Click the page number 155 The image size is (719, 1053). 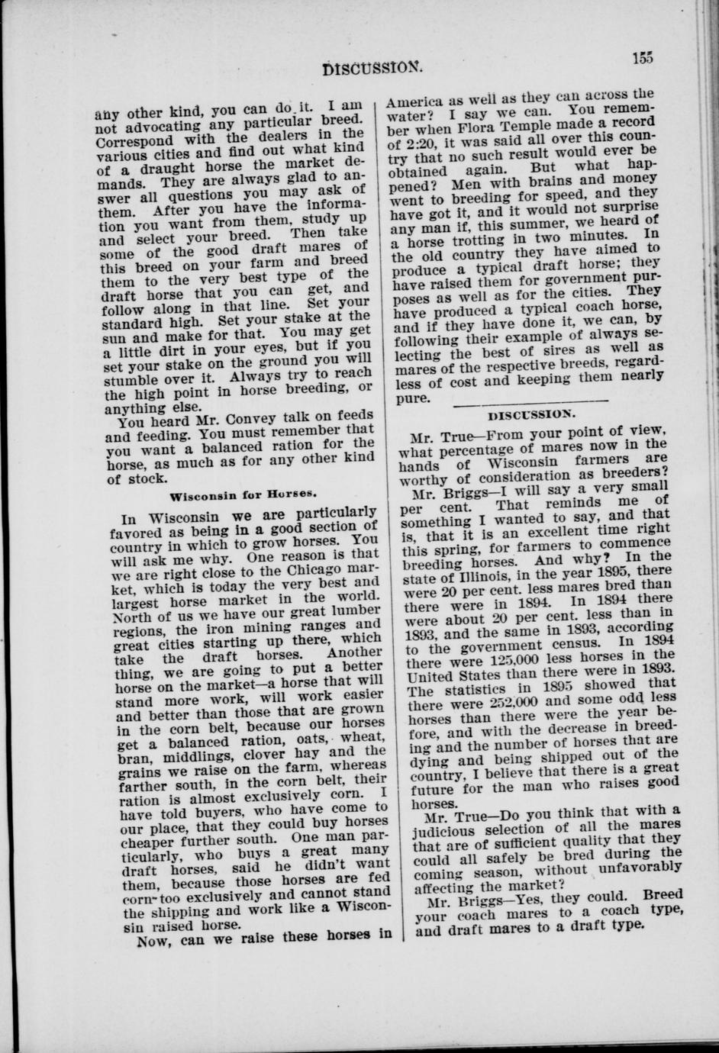(644, 56)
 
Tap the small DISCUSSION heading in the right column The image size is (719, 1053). (532, 414)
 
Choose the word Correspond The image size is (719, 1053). (146, 141)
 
